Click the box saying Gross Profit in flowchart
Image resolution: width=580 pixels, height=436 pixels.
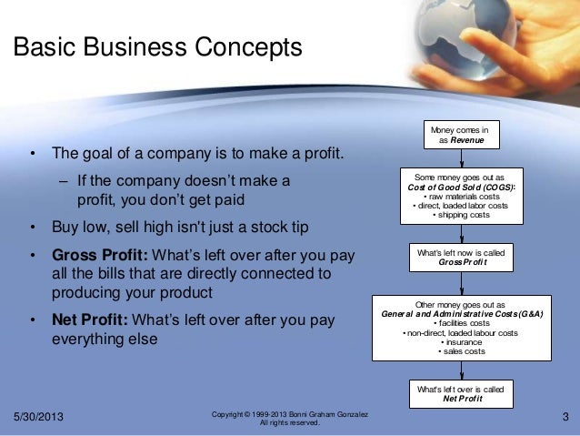pyautogui.click(x=461, y=256)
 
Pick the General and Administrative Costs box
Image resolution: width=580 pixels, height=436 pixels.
pyautogui.click(x=461, y=327)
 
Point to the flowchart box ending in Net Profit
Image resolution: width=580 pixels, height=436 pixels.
pyautogui.click(x=461, y=393)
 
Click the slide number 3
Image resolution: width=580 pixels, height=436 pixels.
pyautogui.click(x=565, y=418)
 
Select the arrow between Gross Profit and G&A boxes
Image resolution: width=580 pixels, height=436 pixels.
pyautogui.click(x=461, y=281)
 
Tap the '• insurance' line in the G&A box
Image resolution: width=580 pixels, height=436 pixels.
pyautogui.click(x=462, y=342)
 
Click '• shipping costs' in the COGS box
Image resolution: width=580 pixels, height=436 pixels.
pyautogui.click(x=462, y=215)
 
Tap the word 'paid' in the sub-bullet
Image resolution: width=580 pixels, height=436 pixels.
pyautogui.click(x=225, y=199)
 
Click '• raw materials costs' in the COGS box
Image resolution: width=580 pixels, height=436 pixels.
pyautogui.click(x=462, y=197)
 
